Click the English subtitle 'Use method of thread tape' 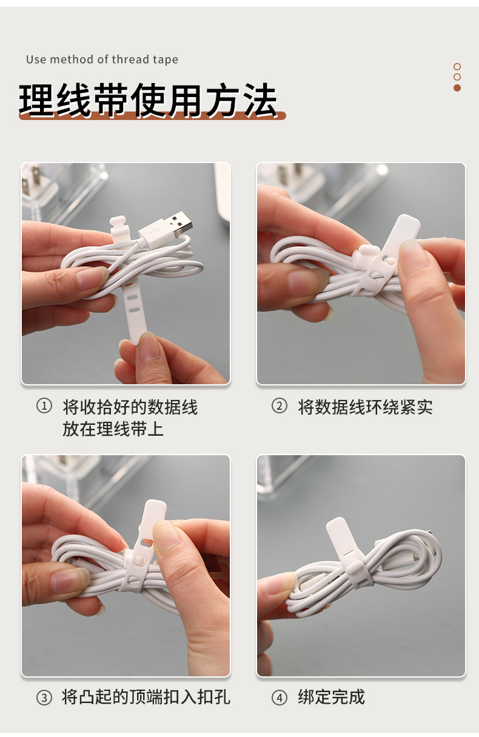(x=102, y=59)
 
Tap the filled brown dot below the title (x=457, y=88)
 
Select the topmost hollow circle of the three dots (x=457, y=67)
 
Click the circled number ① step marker (x=44, y=406)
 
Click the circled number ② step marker (x=279, y=406)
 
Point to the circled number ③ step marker (x=44, y=698)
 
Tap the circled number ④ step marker (x=279, y=698)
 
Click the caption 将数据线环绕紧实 (x=365, y=407)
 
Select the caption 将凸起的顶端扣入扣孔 (x=146, y=697)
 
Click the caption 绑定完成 (x=331, y=697)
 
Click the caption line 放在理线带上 (x=113, y=430)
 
